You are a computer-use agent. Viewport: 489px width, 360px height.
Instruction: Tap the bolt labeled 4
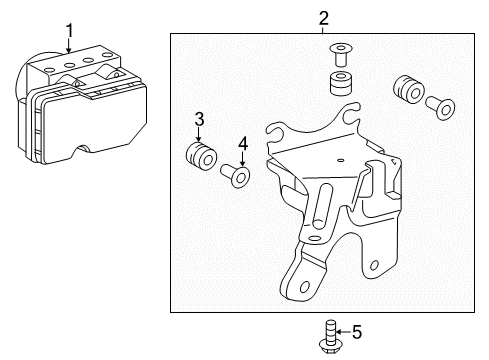point(240,178)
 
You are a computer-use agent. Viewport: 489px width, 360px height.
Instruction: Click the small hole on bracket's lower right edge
point(374,266)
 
